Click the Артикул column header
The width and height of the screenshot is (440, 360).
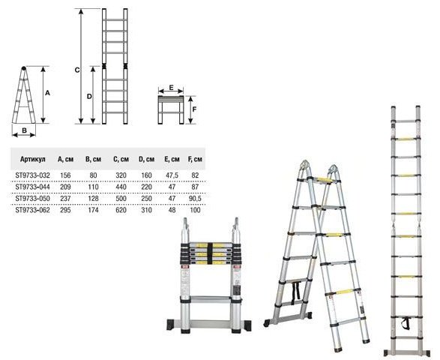pos(32,159)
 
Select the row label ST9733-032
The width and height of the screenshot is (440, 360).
pos(32,175)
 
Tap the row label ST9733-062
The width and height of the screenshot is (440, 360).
pos(32,210)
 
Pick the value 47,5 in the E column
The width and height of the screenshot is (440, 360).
pos(172,175)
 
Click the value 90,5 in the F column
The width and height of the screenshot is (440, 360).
pos(195,199)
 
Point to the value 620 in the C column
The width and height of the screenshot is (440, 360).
pos(121,210)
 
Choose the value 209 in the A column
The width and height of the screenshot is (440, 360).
pos(65,187)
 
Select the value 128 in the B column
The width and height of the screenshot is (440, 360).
pos(93,199)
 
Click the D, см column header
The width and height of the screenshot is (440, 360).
pos(146,159)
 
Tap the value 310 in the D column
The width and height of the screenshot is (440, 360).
pos(146,210)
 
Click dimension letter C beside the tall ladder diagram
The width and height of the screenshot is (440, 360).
pos(77,70)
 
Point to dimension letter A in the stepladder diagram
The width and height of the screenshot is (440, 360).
pos(47,93)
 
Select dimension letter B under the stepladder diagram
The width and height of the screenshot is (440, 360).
pos(24,130)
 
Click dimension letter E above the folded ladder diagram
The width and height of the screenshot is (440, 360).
pos(171,88)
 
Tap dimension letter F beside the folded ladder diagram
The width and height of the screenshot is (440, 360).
pos(194,109)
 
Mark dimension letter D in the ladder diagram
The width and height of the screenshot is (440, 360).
pos(89,96)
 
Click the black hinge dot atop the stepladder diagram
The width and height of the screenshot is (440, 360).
pos(24,68)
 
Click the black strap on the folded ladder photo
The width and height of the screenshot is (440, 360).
pos(211,253)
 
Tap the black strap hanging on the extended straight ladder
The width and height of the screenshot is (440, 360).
pos(406,323)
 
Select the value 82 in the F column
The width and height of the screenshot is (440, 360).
pos(195,175)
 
